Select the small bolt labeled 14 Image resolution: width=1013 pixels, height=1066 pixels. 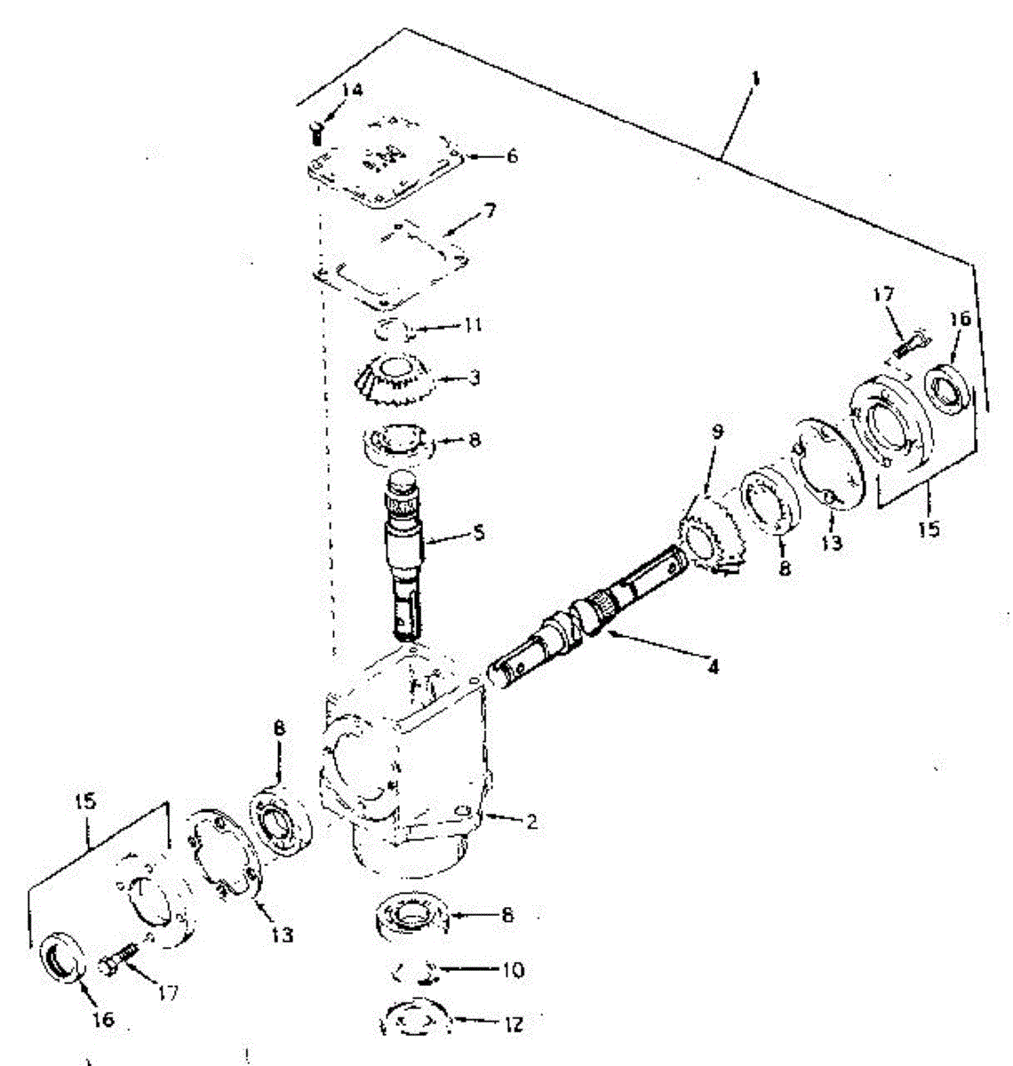[x=315, y=133]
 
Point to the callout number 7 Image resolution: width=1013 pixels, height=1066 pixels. [x=489, y=212]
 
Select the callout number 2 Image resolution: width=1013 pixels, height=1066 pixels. [x=530, y=822]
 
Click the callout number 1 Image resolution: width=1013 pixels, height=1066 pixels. [x=754, y=79]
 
